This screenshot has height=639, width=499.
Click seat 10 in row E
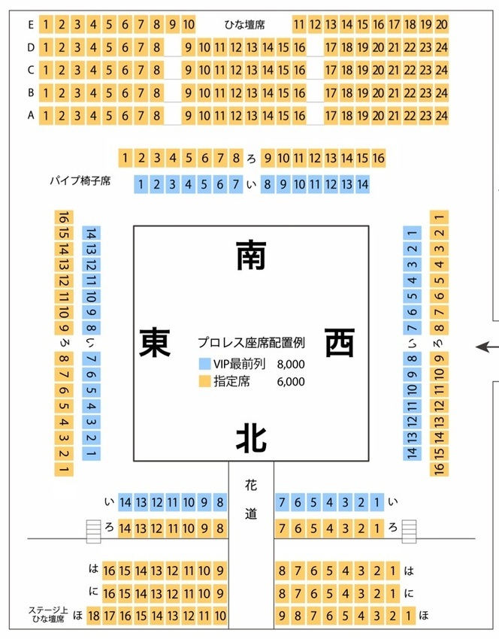pyautogui.click(x=188, y=25)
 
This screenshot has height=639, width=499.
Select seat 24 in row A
pyautogui.click(x=442, y=116)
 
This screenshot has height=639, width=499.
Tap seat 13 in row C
pyautogui.click(x=252, y=70)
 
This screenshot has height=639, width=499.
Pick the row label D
pyautogui.click(x=31, y=47)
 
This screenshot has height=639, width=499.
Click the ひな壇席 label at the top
pyautogui.click(x=244, y=25)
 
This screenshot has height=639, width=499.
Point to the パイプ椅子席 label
pyautogui.click(x=80, y=180)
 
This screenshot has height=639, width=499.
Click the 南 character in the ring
pyautogui.click(x=251, y=255)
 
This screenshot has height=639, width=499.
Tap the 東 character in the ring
pyautogui.click(x=155, y=343)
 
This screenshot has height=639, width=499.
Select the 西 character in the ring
pyautogui.click(x=340, y=343)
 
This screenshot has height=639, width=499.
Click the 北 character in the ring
pyautogui.click(x=251, y=438)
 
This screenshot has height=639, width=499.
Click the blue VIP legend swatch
pyautogui.click(x=204, y=364)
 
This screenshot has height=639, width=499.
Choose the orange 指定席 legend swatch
pyautogui.click(x=204, y=381)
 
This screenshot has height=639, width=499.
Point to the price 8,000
pyautogui.click(x=291, y=365)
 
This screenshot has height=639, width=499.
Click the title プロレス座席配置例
pyautogui.click(x=251, y=343)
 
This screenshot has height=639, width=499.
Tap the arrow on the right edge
pyautogui.click(x=487, y=347)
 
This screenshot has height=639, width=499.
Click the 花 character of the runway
pyautogui.click(x=251, y=485)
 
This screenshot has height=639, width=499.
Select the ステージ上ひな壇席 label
pyautogui.click(x=48, y=614)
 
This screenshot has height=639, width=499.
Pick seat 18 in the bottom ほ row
pyautogui.click(x=93, y=616)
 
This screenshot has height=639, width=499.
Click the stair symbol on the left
pyautogui.click(x=93, y=531)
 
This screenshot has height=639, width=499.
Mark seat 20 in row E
pyautogui.click(x=442, y=25)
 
